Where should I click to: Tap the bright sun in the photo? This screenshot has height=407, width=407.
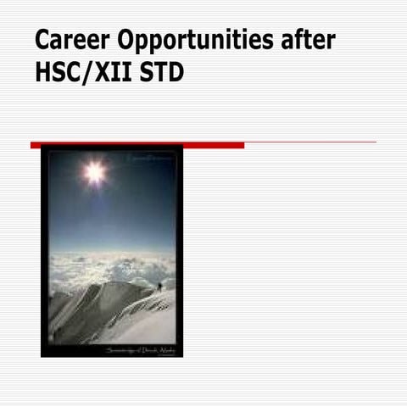click(93, 173)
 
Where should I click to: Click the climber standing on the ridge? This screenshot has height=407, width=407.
click(159, 287)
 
